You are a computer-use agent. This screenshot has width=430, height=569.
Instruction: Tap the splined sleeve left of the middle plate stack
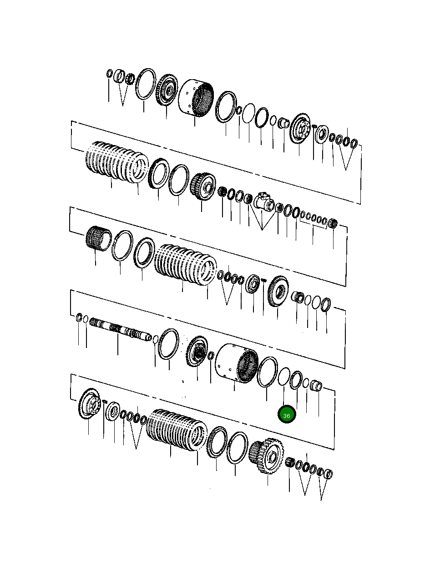[98, 238]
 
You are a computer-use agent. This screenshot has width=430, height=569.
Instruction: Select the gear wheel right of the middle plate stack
[277, 291]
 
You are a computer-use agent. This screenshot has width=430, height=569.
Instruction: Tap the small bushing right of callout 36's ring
[316, 387]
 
